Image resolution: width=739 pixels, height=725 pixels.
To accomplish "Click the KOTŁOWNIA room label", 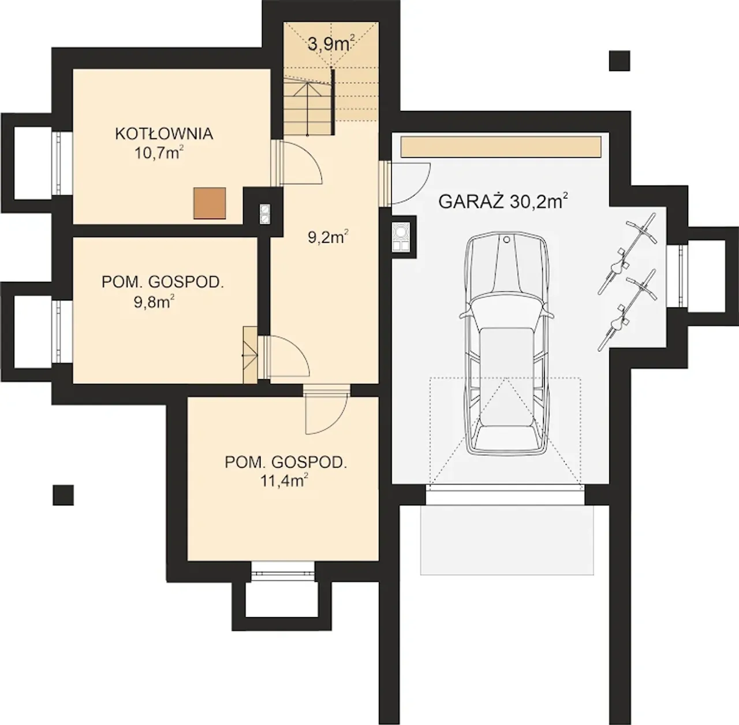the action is tap(164, 133).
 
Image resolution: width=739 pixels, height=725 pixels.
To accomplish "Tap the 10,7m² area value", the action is tap(158, 153).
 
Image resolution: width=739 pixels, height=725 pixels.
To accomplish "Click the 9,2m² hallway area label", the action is tap(329, 237).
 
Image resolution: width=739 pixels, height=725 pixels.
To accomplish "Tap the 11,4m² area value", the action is tap(285, 481).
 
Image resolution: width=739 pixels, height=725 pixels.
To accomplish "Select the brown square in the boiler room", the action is tap(210, 203).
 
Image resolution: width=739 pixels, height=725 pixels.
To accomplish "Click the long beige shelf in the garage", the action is tap(501, 147).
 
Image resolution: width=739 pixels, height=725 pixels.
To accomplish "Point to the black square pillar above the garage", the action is tap(619, 61).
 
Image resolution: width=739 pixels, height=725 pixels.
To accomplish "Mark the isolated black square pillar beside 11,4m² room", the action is tap(64, 495).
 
